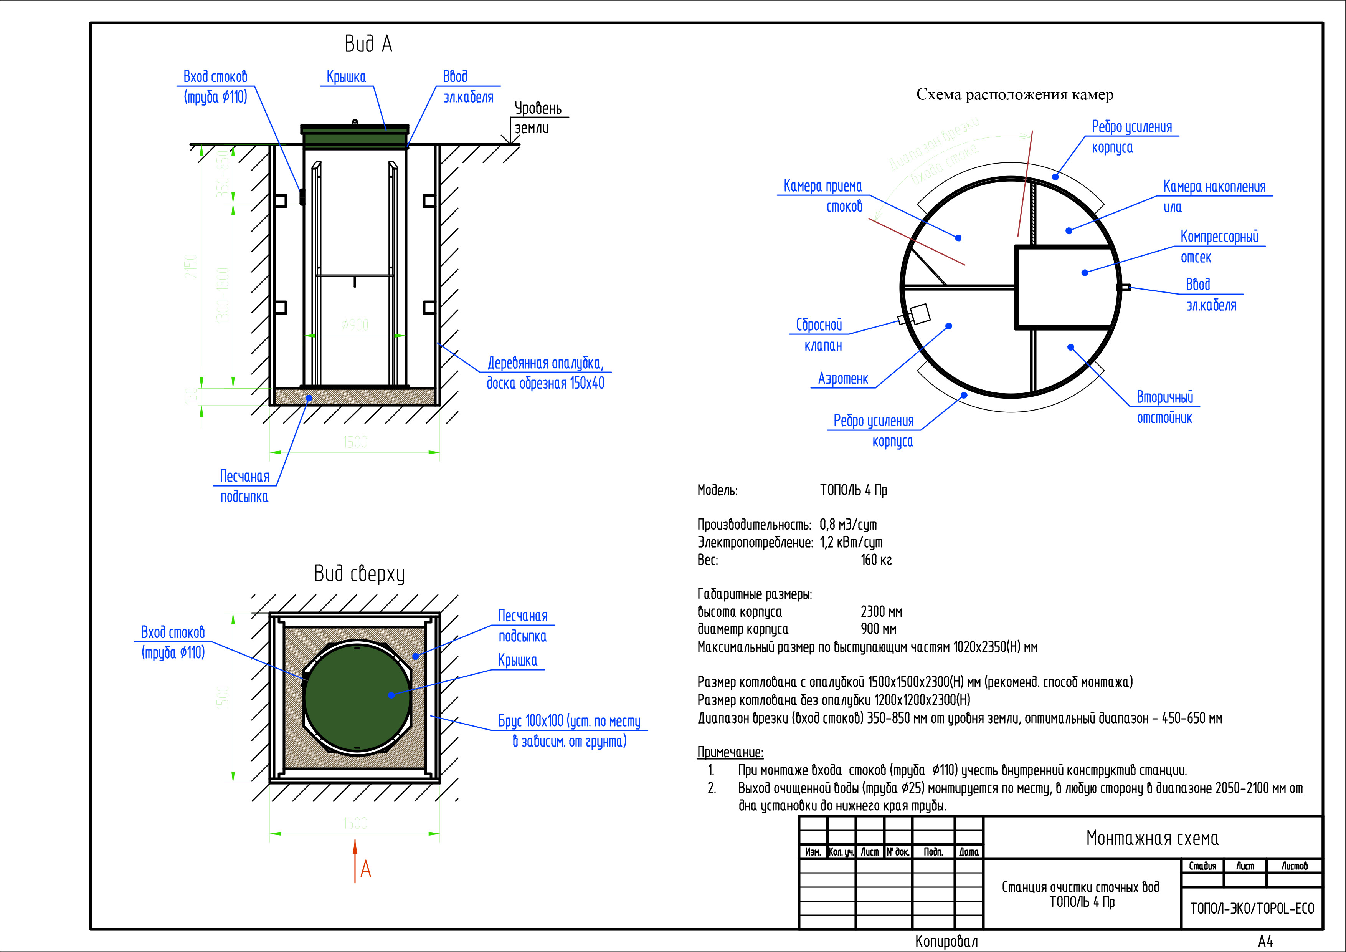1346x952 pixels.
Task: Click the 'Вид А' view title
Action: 368,44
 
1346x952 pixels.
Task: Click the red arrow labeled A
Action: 355,861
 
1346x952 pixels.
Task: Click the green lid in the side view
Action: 355,136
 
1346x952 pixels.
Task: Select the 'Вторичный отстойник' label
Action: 1164,407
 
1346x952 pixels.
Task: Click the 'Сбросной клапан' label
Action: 820,335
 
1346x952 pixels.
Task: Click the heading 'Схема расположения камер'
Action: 1014,95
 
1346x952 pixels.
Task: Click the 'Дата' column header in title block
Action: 968,852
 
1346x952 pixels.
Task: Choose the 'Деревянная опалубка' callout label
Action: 545,373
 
